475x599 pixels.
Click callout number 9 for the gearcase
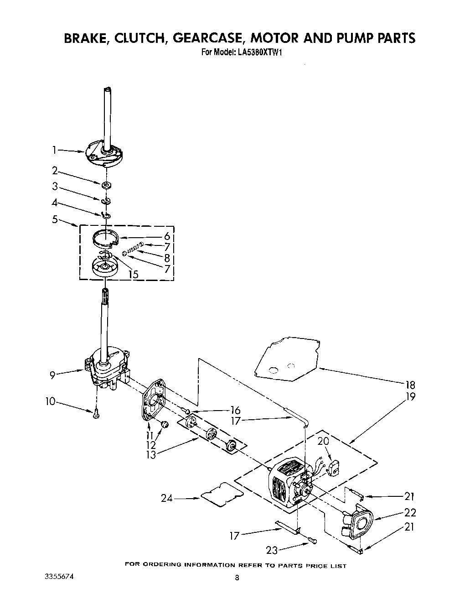click(53, 375)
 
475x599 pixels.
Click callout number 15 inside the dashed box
click(133, 274)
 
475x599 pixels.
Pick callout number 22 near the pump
click(410, 512)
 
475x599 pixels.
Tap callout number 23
click(272, 550)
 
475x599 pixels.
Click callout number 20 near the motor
click(323, 442)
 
